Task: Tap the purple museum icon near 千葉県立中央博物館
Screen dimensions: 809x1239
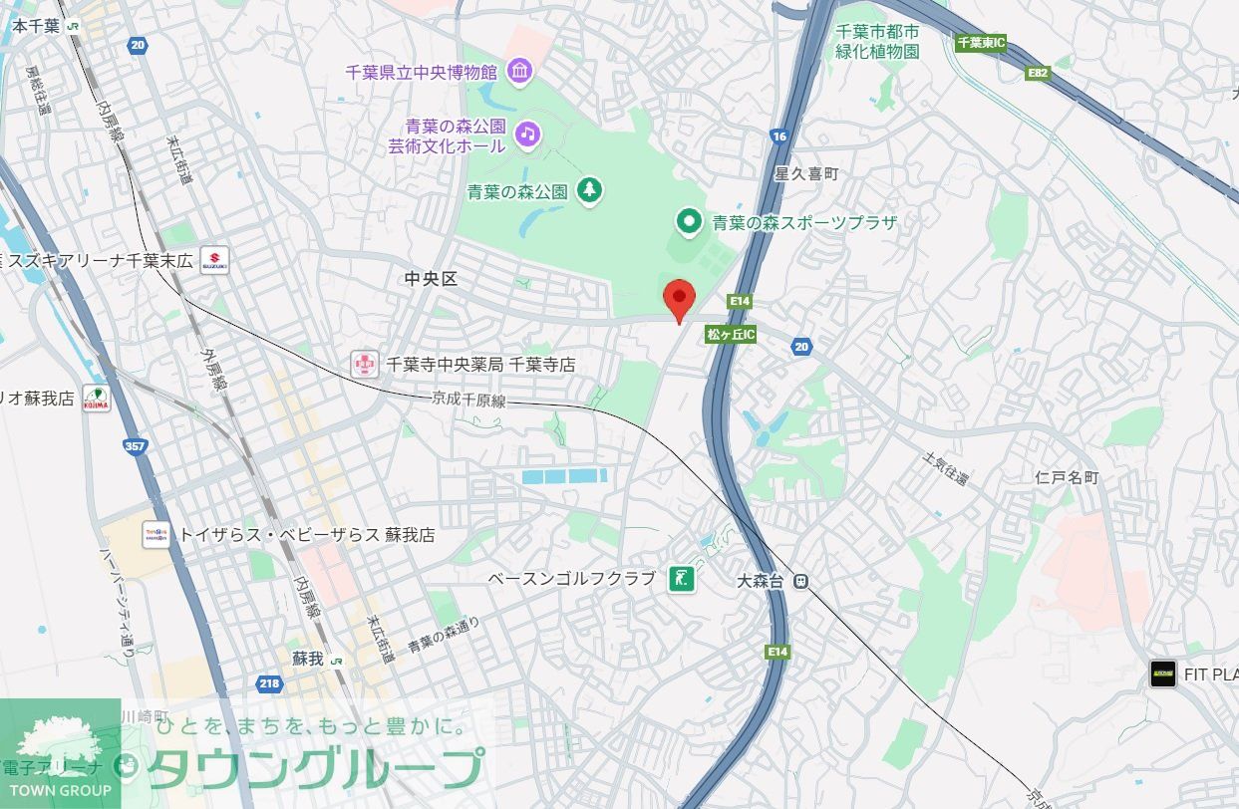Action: coord(519,71)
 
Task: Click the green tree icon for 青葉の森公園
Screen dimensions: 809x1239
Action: coord(590,189)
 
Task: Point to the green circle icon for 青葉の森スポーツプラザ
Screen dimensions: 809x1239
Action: coord(687,221)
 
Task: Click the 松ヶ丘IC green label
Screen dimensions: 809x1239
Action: coord(731,335)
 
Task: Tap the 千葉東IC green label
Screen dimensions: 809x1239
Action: coord(981,43)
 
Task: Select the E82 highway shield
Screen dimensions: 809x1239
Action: coord(1039,73)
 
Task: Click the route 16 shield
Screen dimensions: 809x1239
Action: coord(779,135)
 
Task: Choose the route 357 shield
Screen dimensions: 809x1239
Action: coord(136,446)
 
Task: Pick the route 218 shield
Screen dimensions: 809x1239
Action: coord(269,683)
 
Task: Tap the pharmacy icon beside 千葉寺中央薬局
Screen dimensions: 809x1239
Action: coord(365,365)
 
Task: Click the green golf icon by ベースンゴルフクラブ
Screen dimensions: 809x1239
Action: coord(682,578)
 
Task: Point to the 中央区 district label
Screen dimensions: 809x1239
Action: coord(431,279)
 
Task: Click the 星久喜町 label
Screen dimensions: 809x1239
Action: coord(806,173)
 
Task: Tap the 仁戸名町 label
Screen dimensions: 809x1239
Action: coord(1066,477)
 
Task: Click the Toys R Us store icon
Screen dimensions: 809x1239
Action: coord(156,535)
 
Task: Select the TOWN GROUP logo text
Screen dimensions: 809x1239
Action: coord(60,790)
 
